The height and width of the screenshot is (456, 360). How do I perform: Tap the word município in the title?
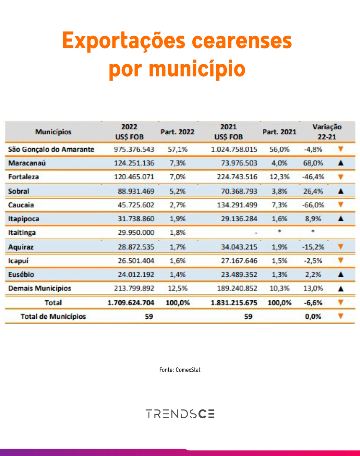pos(197,69)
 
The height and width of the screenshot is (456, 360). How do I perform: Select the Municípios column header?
pos(53,132)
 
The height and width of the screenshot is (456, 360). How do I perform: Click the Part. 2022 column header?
pos(177,132)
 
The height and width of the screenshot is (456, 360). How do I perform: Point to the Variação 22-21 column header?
pos(327,132)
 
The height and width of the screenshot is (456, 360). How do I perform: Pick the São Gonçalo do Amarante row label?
pos(51,149)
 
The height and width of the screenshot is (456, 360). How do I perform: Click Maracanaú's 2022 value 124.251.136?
pos(134,163)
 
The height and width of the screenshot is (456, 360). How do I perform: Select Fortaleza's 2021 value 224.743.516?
pos(237,177)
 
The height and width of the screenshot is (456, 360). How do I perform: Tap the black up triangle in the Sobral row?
pos(341,191)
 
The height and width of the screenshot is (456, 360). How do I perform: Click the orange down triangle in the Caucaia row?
pos(341,204)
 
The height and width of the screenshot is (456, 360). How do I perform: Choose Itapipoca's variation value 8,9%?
pos(313,219)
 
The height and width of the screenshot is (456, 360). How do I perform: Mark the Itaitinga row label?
pos(22,233)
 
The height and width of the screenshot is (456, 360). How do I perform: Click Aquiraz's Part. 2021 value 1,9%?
pos(280,247)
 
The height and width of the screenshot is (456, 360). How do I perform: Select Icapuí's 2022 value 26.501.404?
pos(136,261)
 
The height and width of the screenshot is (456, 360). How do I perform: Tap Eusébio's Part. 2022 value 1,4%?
pos(177,275)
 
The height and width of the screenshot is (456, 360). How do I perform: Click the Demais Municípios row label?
pos(40,289)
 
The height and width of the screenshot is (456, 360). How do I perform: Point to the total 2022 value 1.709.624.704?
pos(131,303)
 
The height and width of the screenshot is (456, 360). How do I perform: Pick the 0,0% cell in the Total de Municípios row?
pos(313,316)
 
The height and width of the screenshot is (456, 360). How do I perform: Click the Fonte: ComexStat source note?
pos(180,370)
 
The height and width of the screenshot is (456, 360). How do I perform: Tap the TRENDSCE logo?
pos(180,414)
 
